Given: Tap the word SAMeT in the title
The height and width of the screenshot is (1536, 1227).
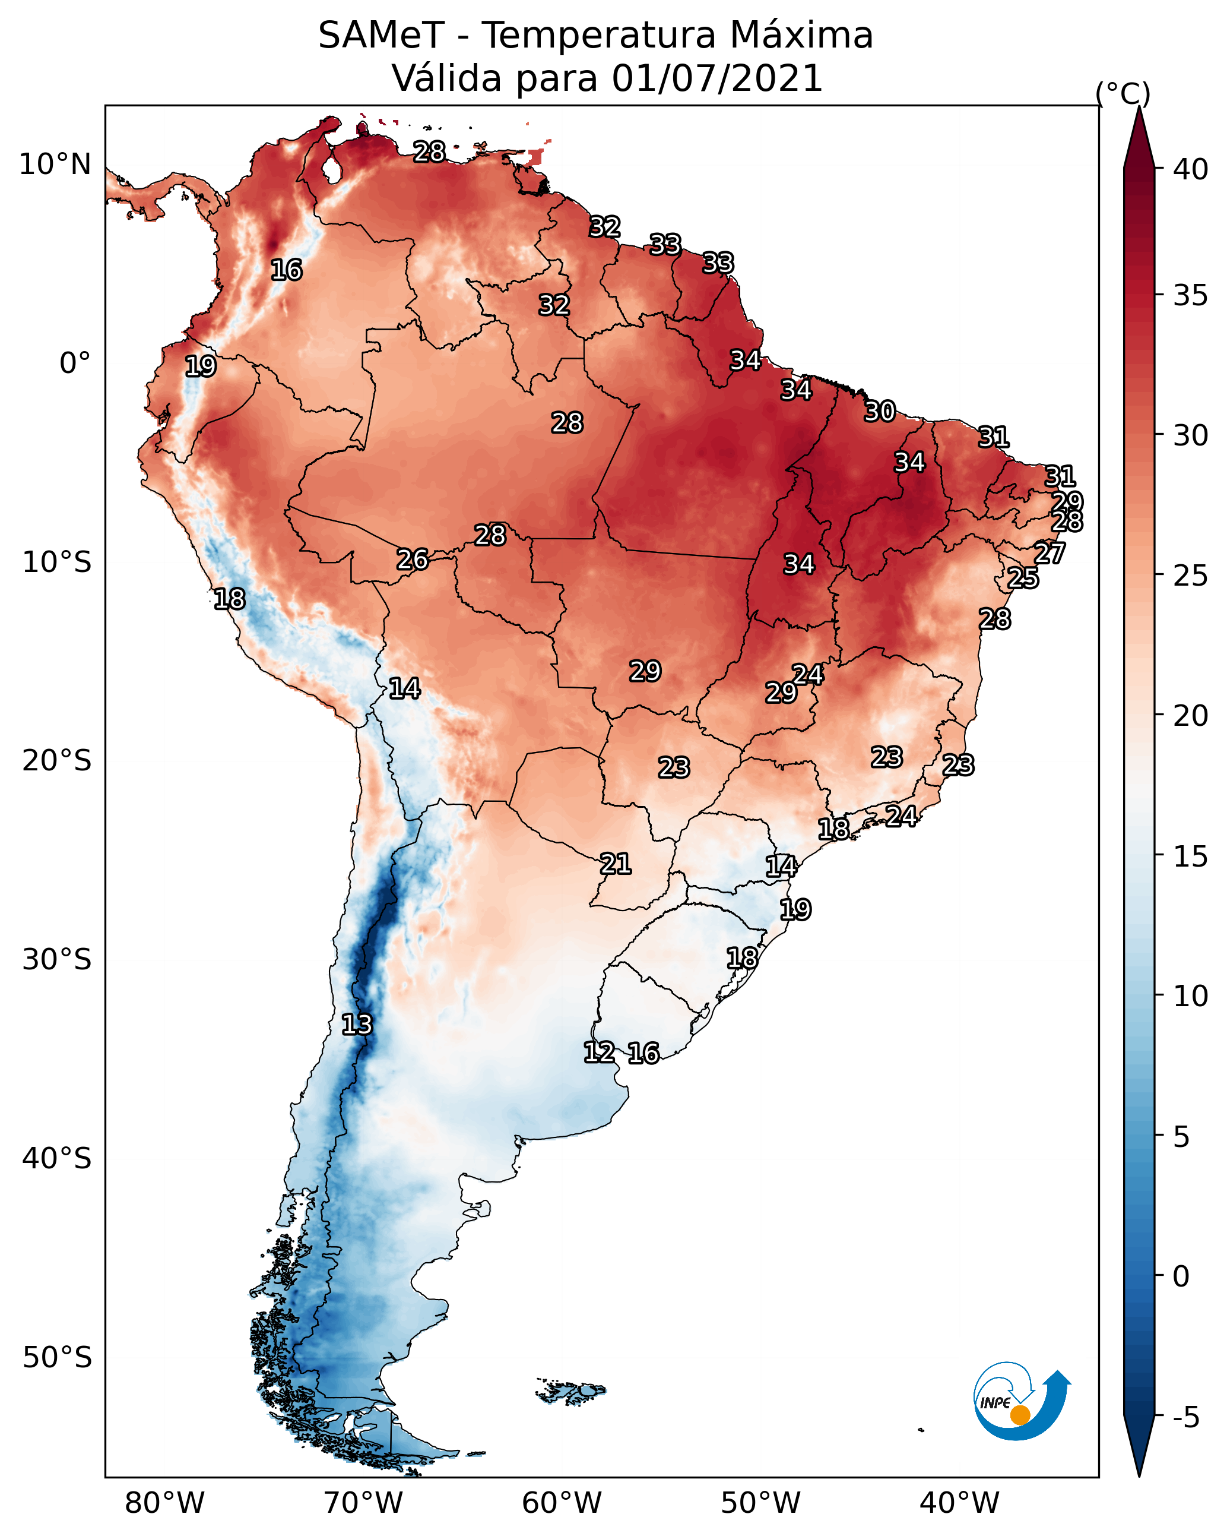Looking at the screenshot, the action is (x=381, y=36).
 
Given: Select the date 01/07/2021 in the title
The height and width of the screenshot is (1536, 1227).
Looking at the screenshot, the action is (x=717, y=78).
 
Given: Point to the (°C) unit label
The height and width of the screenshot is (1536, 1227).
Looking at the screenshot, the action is (x=1123, y=94).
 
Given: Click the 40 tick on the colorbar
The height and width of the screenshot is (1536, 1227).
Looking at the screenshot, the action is (x=1191, y=169).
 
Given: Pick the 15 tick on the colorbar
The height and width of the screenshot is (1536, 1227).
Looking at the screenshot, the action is (x=1191, y=857).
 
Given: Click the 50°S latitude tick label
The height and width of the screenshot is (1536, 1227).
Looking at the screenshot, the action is (x=57, y=1358).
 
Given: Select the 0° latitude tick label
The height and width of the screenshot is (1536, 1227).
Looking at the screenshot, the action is (x=75, y=364).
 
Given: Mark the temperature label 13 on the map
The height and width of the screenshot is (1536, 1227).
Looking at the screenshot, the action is (x=357, y=1025).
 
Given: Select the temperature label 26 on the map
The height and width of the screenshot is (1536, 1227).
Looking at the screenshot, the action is (x=413, y=560).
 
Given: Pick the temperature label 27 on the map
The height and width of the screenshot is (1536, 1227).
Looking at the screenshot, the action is (x=1050, y=553).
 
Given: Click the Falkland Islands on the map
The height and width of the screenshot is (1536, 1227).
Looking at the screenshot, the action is (x=571, y=1390).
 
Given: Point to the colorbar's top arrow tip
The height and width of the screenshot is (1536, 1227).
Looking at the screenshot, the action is (x=1139, y=107).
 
